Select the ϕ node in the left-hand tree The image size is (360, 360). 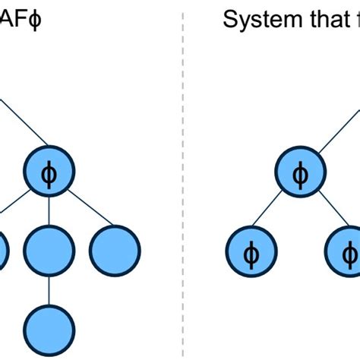click(x=49, y=174)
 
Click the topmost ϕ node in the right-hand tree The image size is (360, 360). click(x=301, y=174)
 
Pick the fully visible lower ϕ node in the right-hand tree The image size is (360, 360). click(x=251, y=251)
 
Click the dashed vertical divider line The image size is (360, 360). click(x=182, y=182)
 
